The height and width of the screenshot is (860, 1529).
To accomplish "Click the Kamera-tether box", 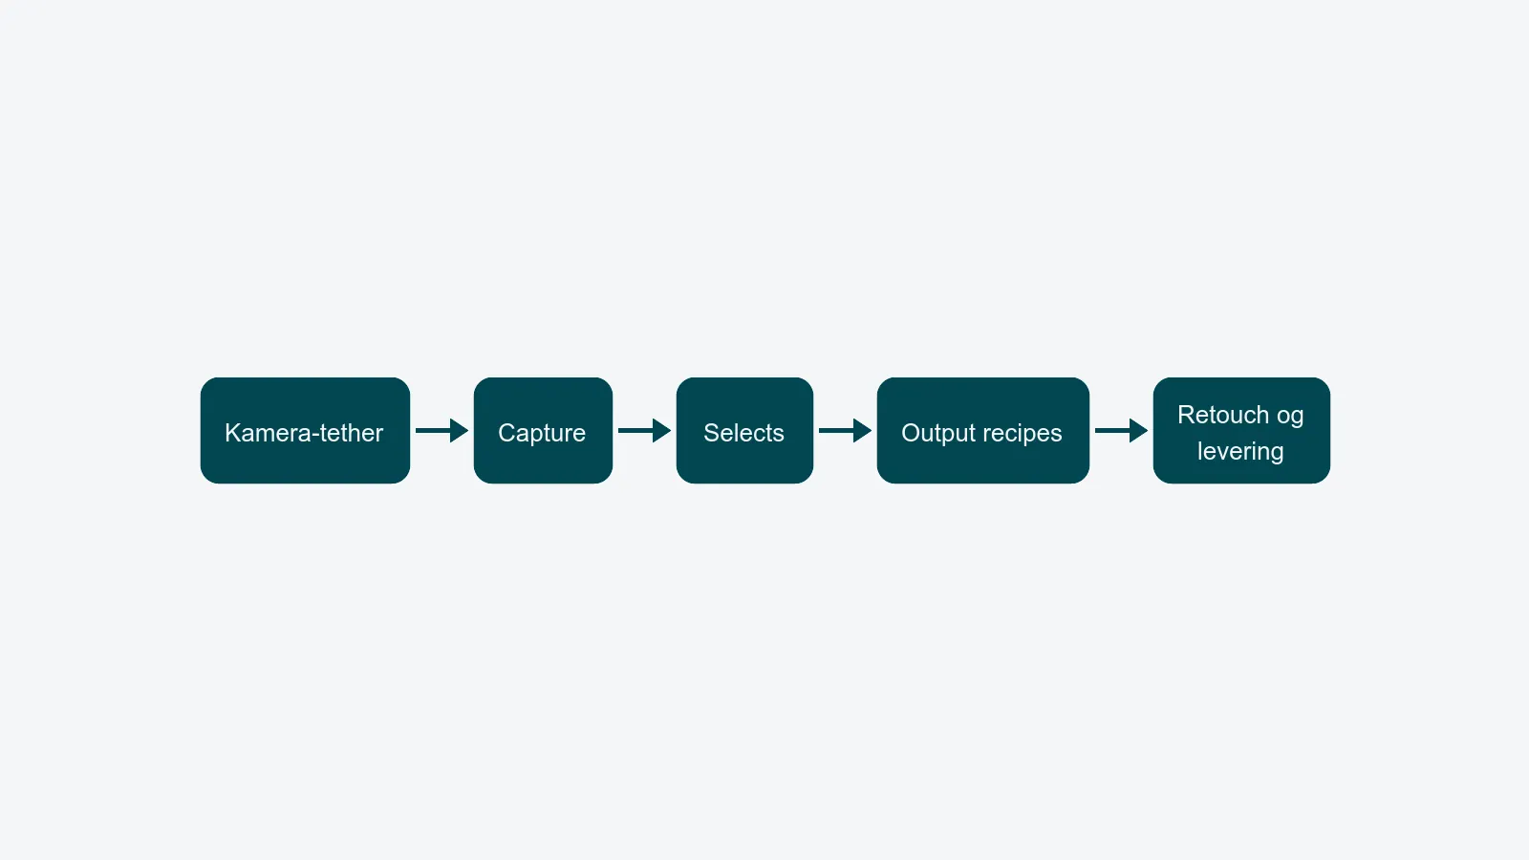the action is (x=305, y=431).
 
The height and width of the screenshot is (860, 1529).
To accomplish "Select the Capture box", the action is (x=543, y=431).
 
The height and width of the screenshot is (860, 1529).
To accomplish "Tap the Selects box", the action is (x=744, y=431).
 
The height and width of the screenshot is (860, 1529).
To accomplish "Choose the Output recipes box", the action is (x=983, y=431).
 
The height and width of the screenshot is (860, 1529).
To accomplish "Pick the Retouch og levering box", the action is (x=1241, y=431).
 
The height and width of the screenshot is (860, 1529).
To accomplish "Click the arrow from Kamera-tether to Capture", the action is (x=441, y=431).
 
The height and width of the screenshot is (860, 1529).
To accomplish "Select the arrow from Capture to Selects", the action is (x=644, y=431).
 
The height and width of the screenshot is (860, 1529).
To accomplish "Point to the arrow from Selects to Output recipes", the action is (x=845, y=431).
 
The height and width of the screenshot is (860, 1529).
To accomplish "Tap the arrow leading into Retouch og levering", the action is (x=1122, y=431).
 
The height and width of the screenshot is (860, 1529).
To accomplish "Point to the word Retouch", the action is (x=1223, y=415).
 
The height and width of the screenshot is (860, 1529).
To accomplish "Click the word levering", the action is (x=1240, y=452).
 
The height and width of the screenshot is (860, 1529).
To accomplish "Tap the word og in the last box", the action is (x=1290, y=418).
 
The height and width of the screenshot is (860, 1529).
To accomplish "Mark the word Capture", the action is (x=542, y=434).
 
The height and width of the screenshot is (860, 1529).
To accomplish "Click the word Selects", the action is (x=744, y=433).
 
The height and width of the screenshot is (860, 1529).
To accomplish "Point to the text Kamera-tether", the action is (x=304, y=433).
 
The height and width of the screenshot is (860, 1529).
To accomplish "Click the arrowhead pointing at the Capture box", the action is (x=460, y=431).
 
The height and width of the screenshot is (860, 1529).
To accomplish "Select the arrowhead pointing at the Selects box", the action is (x=662, y=431).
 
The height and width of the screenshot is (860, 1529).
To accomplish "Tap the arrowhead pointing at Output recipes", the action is (x=863, y=431).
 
